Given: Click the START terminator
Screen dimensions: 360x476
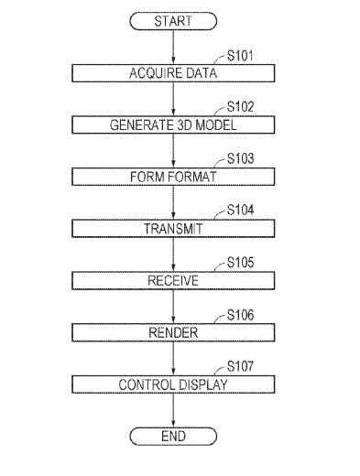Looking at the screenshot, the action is (173, 21).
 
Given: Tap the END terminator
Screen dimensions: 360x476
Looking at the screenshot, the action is (173, 436).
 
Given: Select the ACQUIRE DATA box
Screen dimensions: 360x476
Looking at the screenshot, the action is (173, 73).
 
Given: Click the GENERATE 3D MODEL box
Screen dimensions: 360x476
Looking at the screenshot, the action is (173, 124).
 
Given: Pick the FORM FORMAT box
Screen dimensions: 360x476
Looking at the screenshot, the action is (173, 177).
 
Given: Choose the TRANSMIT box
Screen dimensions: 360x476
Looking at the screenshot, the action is (173, 229).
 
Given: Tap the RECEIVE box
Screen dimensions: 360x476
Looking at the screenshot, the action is (173, 280).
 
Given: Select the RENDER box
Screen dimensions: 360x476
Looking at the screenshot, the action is (173, 332).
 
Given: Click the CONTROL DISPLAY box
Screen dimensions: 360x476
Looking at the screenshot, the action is (173, 384).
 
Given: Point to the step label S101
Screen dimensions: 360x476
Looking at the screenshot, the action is (240, 56).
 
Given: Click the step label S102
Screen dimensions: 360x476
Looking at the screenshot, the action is (240, 107).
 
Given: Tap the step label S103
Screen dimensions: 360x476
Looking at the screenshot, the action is (240, 158).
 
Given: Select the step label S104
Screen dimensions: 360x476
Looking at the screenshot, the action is (240, 211).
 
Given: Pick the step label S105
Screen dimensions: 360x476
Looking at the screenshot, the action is (240, 263).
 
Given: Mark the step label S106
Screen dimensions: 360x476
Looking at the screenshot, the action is (240, 315).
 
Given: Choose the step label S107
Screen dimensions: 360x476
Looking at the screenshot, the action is (240, 366).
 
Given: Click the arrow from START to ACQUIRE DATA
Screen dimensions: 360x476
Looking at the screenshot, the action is (173, 47).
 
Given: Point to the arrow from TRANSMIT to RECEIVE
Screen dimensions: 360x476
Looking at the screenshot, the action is (173, 254).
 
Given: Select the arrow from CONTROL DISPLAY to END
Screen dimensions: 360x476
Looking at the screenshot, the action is (173, 410).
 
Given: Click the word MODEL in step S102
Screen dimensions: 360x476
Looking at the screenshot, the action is (216, 125).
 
